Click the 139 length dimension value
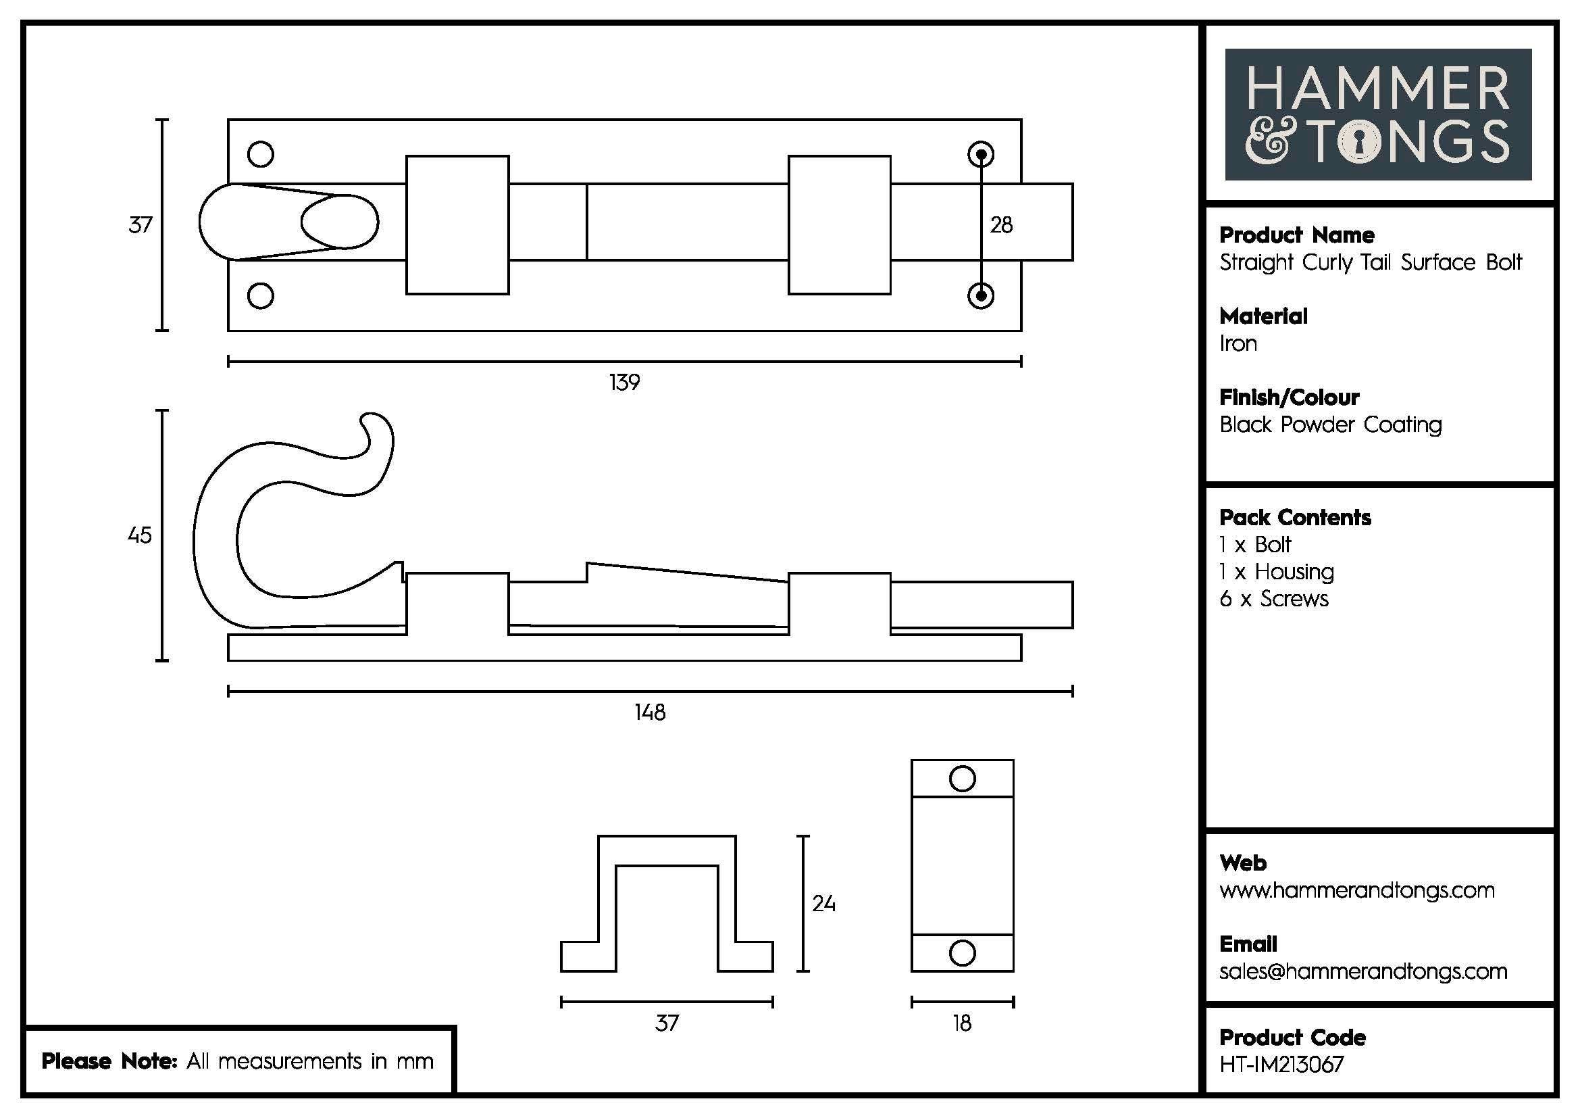[x=624, y=382]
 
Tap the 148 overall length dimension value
[x=650, y=712]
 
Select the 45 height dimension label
[x=140, y=535]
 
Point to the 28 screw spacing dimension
[x=1001, y=225]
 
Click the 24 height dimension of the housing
[x=823, y=903]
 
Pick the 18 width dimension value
[x=962, y=1023]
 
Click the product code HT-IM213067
[x=1281, y=1065]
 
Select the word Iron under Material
[x=1238, y=343]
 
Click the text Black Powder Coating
[x=1330, y=424]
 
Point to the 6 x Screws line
[x=1274, y=599]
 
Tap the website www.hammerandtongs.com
[x=1356, y=890]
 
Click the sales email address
[x=1362, y=971]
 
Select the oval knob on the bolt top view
[x=340, y=222]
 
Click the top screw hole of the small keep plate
[x=962, y=779]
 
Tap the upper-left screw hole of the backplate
[x=261, y=154]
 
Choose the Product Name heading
[x=1296, y=235]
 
